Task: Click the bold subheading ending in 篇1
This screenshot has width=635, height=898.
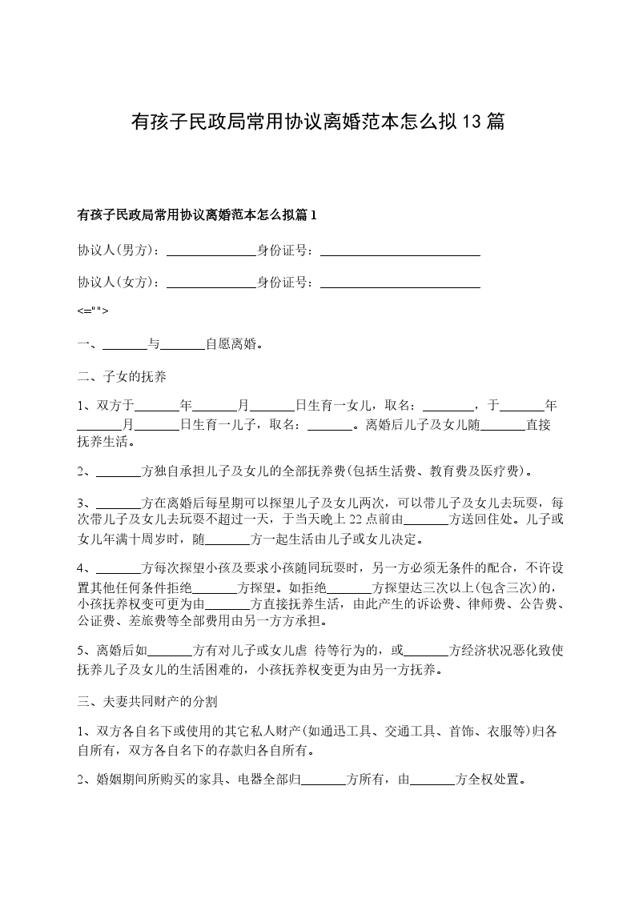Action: point(197,214)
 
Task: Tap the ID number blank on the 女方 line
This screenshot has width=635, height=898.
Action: point(400,283)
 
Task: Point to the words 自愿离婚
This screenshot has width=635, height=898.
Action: point(231,345)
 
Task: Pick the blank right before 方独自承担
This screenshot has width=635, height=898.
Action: point(119,471)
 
